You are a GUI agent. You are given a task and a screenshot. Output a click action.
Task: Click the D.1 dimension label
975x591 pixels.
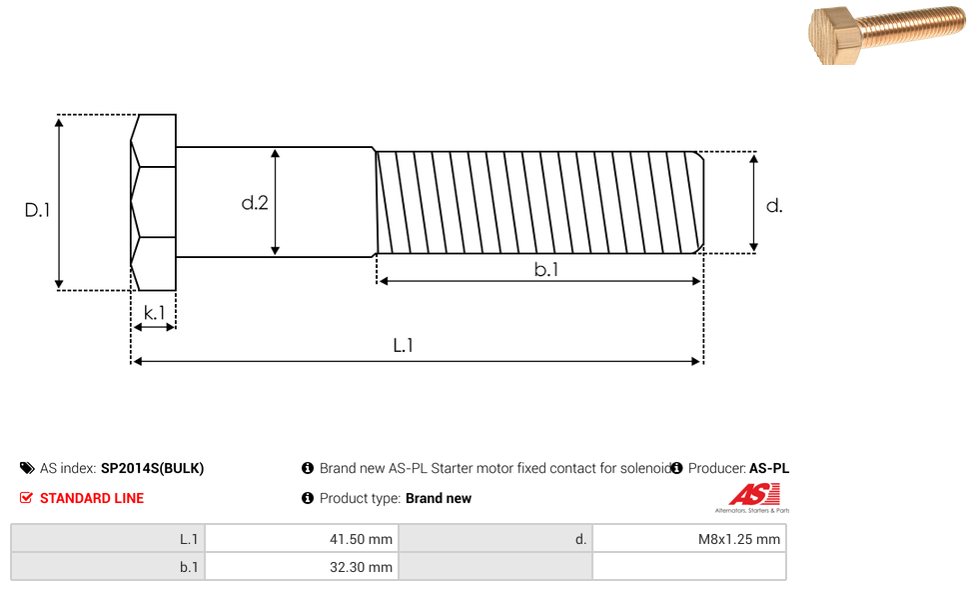(x=37, y=210)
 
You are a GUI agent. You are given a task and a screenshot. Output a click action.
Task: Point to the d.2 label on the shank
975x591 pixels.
(x=255, y=202)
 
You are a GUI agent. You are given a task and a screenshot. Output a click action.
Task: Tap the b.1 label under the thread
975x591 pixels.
(x=546, y=269)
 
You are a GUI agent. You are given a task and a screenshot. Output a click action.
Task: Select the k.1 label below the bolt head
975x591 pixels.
(x=154, y=313)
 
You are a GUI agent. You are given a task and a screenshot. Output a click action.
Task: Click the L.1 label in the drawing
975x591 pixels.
(x=403, y=345)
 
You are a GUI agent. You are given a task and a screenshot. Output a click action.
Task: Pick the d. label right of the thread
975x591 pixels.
(x=774, y=206)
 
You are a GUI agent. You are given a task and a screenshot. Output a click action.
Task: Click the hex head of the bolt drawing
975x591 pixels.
(x=153, y=202)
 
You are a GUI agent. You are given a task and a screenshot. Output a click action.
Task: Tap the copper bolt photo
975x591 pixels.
(x=887, y=34)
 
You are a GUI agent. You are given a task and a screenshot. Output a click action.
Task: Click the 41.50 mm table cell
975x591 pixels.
(x=302, y=539)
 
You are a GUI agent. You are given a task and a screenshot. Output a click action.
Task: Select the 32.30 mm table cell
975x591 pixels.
(x=302, y=567)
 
